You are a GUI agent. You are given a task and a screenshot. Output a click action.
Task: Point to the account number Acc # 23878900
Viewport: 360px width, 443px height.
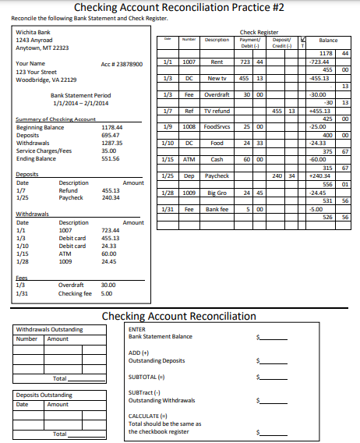tap(122, 64)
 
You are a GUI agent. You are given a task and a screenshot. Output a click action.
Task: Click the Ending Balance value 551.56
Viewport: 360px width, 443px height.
tap(111, 158)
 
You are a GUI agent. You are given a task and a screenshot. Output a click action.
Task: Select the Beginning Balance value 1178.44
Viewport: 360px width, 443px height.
tap(112, 127)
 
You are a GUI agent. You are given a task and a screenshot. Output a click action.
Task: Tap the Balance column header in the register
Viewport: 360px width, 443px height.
tap(328, 40)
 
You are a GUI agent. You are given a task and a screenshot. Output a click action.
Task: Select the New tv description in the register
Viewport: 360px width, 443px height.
tap(217, 78)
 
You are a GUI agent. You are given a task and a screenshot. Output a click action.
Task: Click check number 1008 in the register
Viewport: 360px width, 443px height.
tap(189, 126)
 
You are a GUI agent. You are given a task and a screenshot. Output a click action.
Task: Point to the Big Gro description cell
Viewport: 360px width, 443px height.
tap(217, 192)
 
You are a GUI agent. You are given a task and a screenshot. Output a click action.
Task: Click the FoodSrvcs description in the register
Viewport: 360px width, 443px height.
tap(217, 126)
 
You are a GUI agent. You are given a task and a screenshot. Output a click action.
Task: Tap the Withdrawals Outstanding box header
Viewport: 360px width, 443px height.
tap(49, 329)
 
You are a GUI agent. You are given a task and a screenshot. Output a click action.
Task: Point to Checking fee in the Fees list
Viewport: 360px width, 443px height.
tap(75, 293)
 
